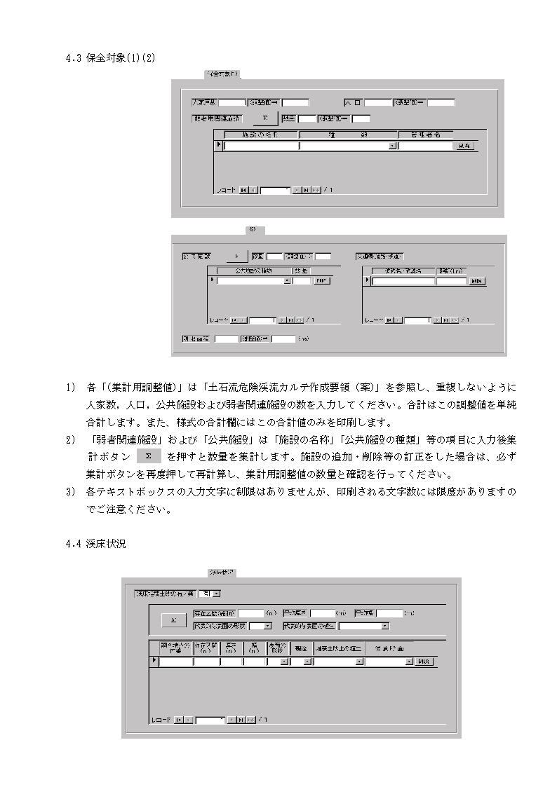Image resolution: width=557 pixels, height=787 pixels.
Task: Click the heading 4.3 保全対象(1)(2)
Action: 110,58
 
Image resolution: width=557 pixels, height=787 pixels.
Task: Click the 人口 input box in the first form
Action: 377,102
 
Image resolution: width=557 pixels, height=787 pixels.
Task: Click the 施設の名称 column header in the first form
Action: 260,135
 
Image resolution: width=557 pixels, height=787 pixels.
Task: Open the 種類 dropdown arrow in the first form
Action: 392,146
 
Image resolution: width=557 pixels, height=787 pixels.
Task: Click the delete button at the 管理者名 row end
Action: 465,146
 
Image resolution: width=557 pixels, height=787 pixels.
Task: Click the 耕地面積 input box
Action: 226,339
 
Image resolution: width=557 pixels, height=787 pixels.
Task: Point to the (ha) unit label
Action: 303,339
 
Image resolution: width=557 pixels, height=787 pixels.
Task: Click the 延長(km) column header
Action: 452,270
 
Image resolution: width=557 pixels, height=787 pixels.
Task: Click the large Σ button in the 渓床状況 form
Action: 173,620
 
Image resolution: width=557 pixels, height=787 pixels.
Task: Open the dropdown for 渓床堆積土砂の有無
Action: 215,594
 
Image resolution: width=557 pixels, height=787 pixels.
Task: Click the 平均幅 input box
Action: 389,613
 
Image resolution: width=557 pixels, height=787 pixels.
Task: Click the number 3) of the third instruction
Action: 70,492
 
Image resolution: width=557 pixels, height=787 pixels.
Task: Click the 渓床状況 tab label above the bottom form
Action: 222,573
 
